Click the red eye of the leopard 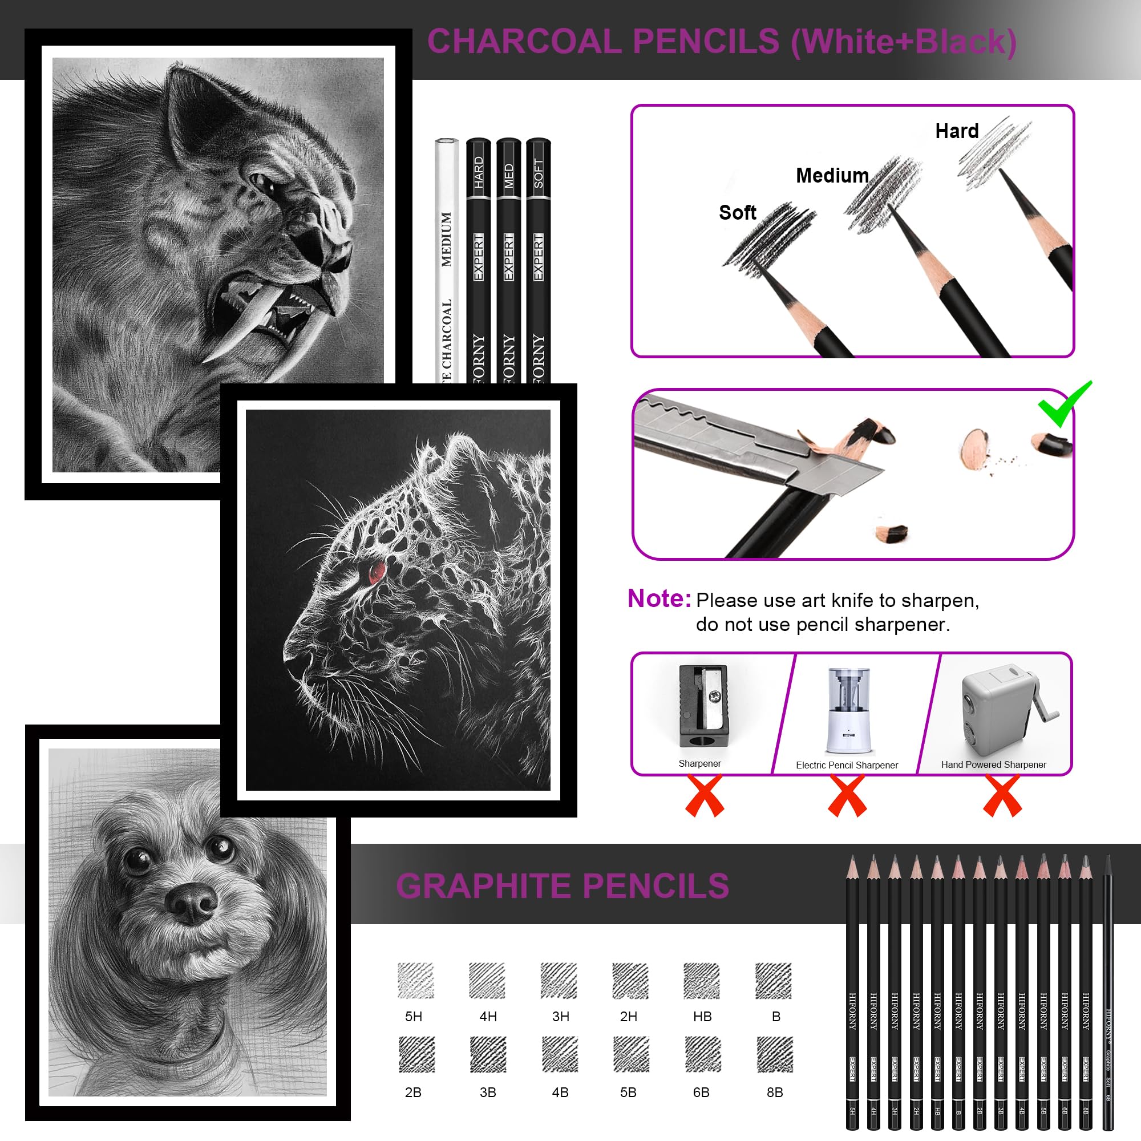click(x=376, y=572)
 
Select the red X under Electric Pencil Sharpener click(x=847, y=796)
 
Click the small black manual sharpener click(x=703, y=706)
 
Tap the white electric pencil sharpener click(x=849, y=711)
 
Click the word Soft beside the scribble click(x=737, y=213)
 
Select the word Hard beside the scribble click(x=957, y=131)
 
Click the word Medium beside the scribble click(x=832, y=175)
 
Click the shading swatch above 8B click(x=774, y=1054)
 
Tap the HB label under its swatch click(x=702, y=1017)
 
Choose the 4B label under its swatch click(x=560, y=1092)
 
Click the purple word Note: click(x=658, y=599)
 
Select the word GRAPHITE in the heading click(x=484, y=886)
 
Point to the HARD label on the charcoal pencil click(x=479, y=172)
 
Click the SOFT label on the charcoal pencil click(x=538, y=173)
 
